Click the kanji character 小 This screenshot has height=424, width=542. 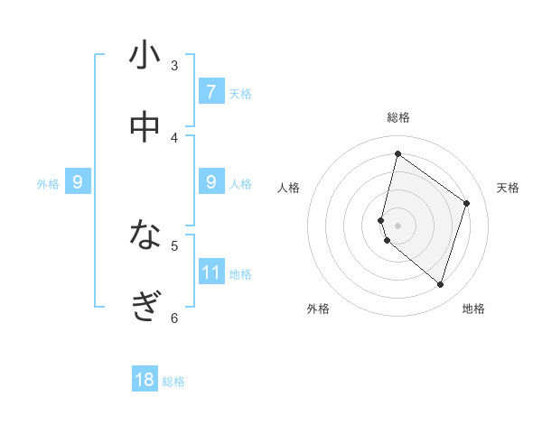(x=145, y=55)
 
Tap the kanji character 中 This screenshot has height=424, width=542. (x=145, y=127)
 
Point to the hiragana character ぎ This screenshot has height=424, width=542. (x=145, y=307)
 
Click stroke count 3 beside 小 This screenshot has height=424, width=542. (x=174, y=65)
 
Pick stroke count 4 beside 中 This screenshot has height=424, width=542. (x=174, y=137)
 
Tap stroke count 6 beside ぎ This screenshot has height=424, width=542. (x=174, y=317)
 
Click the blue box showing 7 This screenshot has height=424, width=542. (x=211, y=91)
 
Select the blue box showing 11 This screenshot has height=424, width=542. (x=211, y=272)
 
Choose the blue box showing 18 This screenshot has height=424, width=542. (x=145, y=380)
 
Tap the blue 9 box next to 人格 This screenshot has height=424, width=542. (x=211, y=181)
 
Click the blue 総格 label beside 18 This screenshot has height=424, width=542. (x=173, y=382)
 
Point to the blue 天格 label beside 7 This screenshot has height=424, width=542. (x=240, y=93)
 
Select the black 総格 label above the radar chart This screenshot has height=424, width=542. (x=398, y=117)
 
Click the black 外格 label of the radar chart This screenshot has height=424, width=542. (x=318, y=309)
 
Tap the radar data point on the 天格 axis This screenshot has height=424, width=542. (x=467, y=203)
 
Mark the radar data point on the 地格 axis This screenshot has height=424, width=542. (x=440, y=285)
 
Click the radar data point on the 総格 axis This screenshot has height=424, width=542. (x=397, y=154)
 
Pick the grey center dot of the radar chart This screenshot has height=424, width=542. (x=397, y=224)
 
